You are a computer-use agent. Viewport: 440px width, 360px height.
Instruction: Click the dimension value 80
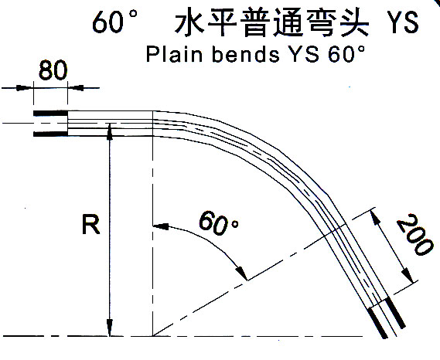coord(53,70)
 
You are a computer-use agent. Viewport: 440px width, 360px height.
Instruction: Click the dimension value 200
coord(414,235)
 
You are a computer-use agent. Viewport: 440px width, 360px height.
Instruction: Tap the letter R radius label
coord(91,224)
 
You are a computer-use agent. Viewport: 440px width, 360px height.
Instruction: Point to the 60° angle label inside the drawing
coord(219,223)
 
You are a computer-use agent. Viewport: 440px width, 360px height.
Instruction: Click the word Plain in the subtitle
coord(174,54)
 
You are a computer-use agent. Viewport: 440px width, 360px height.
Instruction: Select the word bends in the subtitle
coord(246,54)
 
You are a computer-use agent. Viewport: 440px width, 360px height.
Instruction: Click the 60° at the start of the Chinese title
coord(114,22)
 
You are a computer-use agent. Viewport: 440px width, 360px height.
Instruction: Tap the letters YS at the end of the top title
coord(404,22)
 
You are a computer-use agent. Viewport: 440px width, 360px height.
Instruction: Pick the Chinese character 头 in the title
coord(354,22)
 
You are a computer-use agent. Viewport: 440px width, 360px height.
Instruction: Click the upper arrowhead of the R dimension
coord(110,131)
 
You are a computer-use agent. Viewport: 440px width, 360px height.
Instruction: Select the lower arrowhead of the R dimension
coord(110,328)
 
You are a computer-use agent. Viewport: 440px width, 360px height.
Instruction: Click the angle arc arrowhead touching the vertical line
coord(161,226)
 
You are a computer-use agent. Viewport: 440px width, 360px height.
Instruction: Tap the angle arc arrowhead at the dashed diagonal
coord(242,273)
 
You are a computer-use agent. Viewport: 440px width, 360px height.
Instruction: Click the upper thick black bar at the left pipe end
coord(50,114)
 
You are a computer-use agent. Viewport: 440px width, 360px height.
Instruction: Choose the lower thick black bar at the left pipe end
coord(50,134)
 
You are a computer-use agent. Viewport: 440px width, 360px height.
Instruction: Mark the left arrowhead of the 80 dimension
coord(23,88)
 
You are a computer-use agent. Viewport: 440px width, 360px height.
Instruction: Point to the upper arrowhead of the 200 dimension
coord(375,216)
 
